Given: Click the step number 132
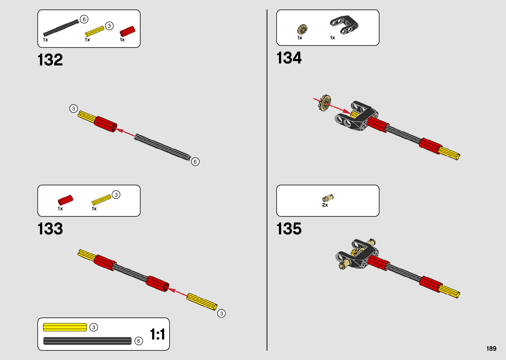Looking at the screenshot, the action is pos(50,60).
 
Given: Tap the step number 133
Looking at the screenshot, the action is pos(50,229).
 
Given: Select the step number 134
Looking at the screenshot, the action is pos(289,58).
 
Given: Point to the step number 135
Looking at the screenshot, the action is pos(289,229).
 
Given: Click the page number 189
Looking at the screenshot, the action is pos(491,348).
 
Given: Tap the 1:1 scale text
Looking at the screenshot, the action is pos(157,334).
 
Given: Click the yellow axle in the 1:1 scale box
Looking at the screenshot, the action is pos(65,327).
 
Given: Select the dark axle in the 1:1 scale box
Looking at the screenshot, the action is pos(87,341).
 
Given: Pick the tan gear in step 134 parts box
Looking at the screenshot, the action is pos(302,30).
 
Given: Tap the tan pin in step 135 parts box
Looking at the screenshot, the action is pos(328,198).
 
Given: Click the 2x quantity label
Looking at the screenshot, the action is pos(325,205).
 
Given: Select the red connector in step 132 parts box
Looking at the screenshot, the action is pos(127,31).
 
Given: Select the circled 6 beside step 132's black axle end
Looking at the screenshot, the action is pos(195,162).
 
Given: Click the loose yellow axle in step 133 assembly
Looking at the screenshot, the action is pos(202,301).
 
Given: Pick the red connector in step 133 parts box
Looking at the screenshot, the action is pos(65,200).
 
